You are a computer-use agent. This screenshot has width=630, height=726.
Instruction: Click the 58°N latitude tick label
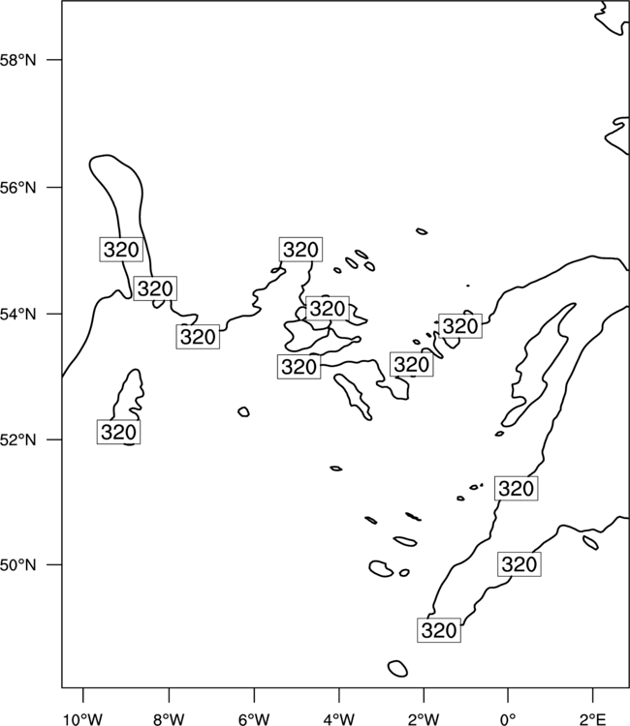pyautogui.click(x=17, y=60)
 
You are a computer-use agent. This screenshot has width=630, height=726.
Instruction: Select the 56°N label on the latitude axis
pyautogui.click(x=17, y=188)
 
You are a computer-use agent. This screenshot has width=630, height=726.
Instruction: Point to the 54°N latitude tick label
pyautogui.click(x=17, y=315)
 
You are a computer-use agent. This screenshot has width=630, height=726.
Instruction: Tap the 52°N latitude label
pyautogui.click(x=17, y=439)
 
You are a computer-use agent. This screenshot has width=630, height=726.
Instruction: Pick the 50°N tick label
pyautogui.click(x=17, y=565)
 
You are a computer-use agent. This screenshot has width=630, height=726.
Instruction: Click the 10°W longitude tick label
pyautogui.click(x=83, y=719)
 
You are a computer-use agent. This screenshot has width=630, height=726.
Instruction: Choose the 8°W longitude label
pyautogui.click(x=169, y=719)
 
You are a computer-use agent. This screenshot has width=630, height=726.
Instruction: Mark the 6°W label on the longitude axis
pyautogui.click(x=254, y=719)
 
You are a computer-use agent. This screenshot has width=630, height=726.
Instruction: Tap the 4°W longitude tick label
pyautogui.click(x=339, y=719)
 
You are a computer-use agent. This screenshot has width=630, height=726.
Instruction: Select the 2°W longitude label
pyautogui.click(x=424, y=719)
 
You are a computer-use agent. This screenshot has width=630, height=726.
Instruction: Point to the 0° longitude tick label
pyautogui.click(x=508, y=719)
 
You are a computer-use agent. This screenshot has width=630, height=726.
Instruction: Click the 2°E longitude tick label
pyautogui.click(x=593, y=719)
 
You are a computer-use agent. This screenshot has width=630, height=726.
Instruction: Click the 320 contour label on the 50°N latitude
pyautogui.click(x=520, y=564)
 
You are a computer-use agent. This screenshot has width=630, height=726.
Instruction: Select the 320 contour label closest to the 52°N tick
pyautogui.click(x=118, y=432)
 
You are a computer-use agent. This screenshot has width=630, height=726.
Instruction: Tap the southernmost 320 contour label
pyautogui.click(x=439, y=630)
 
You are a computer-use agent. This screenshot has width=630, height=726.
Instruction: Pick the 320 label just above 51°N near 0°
pyautogui.click(x=517, y=488)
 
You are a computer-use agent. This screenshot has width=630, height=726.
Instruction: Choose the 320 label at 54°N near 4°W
pyautogui.click(x=328, y=309)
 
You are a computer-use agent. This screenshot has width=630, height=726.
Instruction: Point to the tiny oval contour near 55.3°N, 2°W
pyautogui.click(x=422, y=231)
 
